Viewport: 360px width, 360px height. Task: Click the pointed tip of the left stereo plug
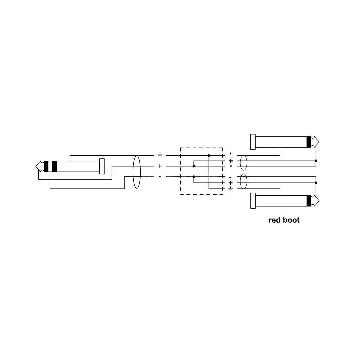point(36,166)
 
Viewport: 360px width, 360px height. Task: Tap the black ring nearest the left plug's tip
point(46,166)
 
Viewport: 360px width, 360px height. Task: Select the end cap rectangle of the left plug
point(102,166)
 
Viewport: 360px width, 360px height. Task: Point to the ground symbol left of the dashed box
point(160,156)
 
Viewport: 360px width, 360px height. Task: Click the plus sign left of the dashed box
point(160,166)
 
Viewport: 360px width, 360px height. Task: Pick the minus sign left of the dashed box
point(160,177)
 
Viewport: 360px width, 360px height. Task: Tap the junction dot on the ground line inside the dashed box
point(209,156)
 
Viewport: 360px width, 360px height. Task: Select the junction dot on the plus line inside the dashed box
point(194,166)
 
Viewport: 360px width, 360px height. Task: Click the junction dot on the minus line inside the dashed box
point(194,177)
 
